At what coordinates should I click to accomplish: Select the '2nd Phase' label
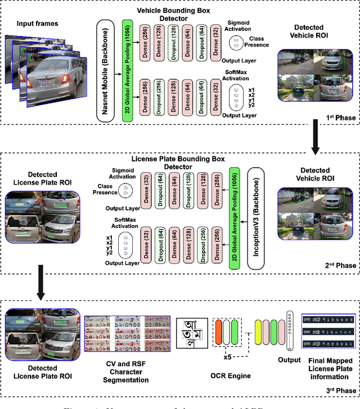click(337, 266)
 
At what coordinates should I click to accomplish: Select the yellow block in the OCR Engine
click(259, 331)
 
